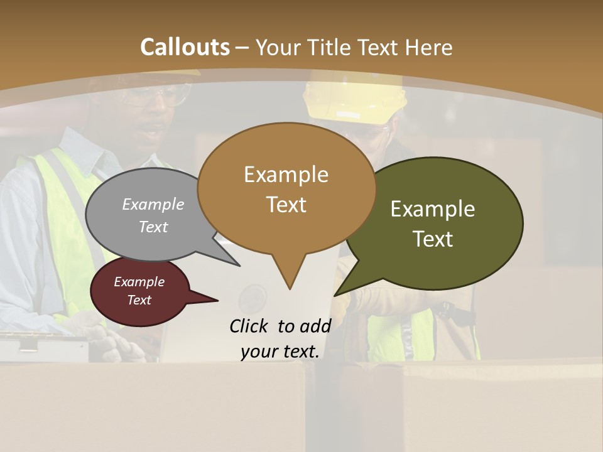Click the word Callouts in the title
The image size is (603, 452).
coord(185,47)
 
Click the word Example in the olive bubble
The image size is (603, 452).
coord(433,209)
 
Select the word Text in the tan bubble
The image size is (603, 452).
coord(286,205)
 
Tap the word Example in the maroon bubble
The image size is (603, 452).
coord(139,282)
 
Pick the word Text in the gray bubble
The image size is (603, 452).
coord(153,227)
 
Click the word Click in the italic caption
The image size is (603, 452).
coord(250,326)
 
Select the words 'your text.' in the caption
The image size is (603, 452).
coord(280,352)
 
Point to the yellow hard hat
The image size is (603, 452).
coord(355,100)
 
